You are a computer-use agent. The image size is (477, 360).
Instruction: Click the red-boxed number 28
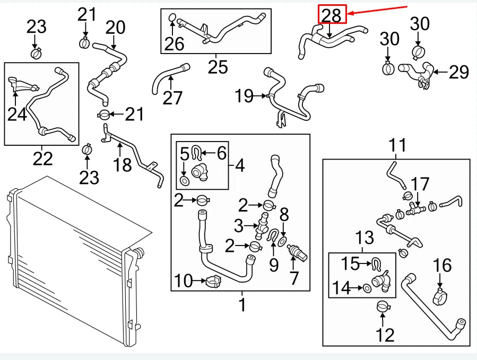[332, 15]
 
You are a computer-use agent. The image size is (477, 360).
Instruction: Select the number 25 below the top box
[218, 67]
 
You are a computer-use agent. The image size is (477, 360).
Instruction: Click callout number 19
[245, 96]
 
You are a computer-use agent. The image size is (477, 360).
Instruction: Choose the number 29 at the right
[459, 72]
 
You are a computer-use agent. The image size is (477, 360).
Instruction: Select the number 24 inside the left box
[18, 113]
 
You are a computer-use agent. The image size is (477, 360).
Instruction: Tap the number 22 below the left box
[42, 158]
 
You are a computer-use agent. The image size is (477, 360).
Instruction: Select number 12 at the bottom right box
[385, 335]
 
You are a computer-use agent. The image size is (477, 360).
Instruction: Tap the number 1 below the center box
[242, 305]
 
